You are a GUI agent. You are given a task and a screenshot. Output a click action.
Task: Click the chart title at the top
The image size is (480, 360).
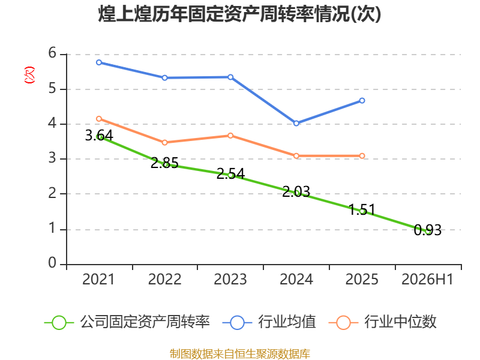click(239, 14)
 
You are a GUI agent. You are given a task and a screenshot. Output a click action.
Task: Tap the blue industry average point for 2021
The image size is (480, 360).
click(99, 62)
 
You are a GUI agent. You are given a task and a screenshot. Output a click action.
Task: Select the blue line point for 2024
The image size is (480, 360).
click(296, 124)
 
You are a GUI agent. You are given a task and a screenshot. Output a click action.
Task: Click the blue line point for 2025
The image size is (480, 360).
click(362, 100)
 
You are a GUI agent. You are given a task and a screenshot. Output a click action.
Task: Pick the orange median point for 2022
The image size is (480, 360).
click(164, 142)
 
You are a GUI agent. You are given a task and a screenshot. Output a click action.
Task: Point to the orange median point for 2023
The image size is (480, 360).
click(230, 136)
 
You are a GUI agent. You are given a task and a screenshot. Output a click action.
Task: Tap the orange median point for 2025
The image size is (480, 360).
click(362, 156)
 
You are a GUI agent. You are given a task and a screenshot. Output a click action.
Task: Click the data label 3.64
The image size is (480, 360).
click(99, 136)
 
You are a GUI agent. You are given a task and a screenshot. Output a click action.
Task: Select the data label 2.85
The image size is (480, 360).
click(164, 163)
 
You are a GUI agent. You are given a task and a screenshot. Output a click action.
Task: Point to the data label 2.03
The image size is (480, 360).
click(296, 192)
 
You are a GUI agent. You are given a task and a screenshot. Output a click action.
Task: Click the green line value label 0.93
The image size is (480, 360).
click(428, 230)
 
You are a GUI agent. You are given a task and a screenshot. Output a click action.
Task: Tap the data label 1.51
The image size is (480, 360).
click(362, 210)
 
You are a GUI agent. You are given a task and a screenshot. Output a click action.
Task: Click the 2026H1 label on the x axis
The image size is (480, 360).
click(427, 280)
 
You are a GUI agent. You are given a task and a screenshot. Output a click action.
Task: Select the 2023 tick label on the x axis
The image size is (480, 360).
click(230, 280)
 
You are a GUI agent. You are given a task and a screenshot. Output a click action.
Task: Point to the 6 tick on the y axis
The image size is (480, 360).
click(52, 53)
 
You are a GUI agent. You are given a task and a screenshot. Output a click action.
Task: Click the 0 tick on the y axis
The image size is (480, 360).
click(52, 263)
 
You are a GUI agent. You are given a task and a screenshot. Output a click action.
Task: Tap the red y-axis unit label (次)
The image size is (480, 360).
click(29, 75)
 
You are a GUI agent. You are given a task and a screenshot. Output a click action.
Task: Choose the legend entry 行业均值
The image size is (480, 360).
click(269, 322)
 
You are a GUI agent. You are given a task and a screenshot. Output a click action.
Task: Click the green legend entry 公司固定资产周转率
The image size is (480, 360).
click(127, 322)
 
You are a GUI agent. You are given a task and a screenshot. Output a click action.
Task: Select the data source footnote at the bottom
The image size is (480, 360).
click(240, 354)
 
